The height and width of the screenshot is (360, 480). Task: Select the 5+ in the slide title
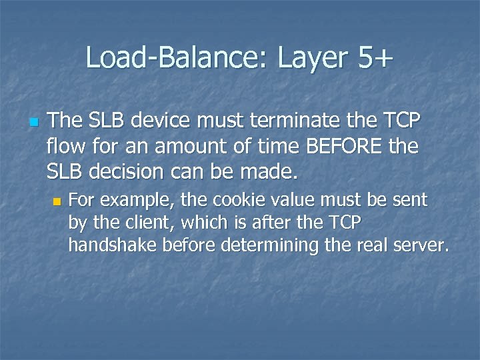376,58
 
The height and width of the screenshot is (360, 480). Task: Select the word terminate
311,121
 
